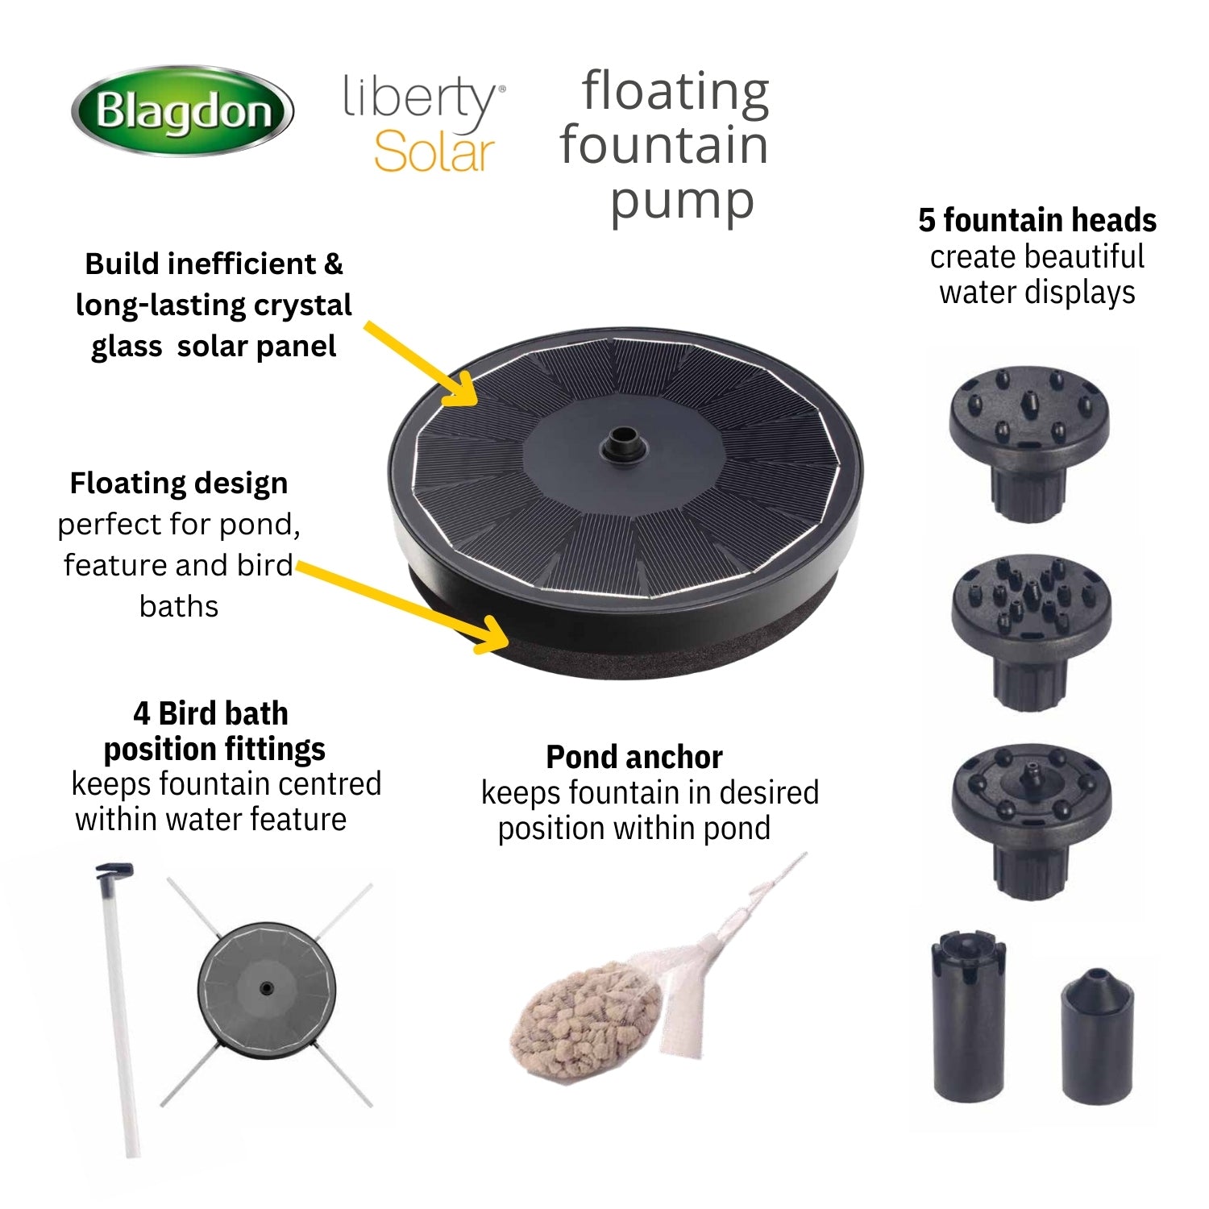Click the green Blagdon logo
pyautogui.click(x=183, y=110)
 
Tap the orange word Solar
pyautogui.click(x=434, y=152)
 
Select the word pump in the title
pyautogui.click(x=682, y=202)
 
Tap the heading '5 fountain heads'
pyautogui.click(x=1037, y=220)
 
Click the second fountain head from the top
pyautogui.click(x=1031, y=632)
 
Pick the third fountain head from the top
pyautogui.click(x=1031, y=821)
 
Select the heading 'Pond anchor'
pyautogui.click(x=634, y=757)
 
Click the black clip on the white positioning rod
pyautogui.click(x=114, y=871)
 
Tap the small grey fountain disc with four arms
pyautogui.click(x=267, y=988)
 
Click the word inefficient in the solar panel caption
pyautogui.click(x=239, y=264)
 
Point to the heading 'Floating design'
pyautogui.click(x=179, y=484)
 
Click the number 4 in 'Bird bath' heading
pyautogui.click(x=142, y=714)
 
